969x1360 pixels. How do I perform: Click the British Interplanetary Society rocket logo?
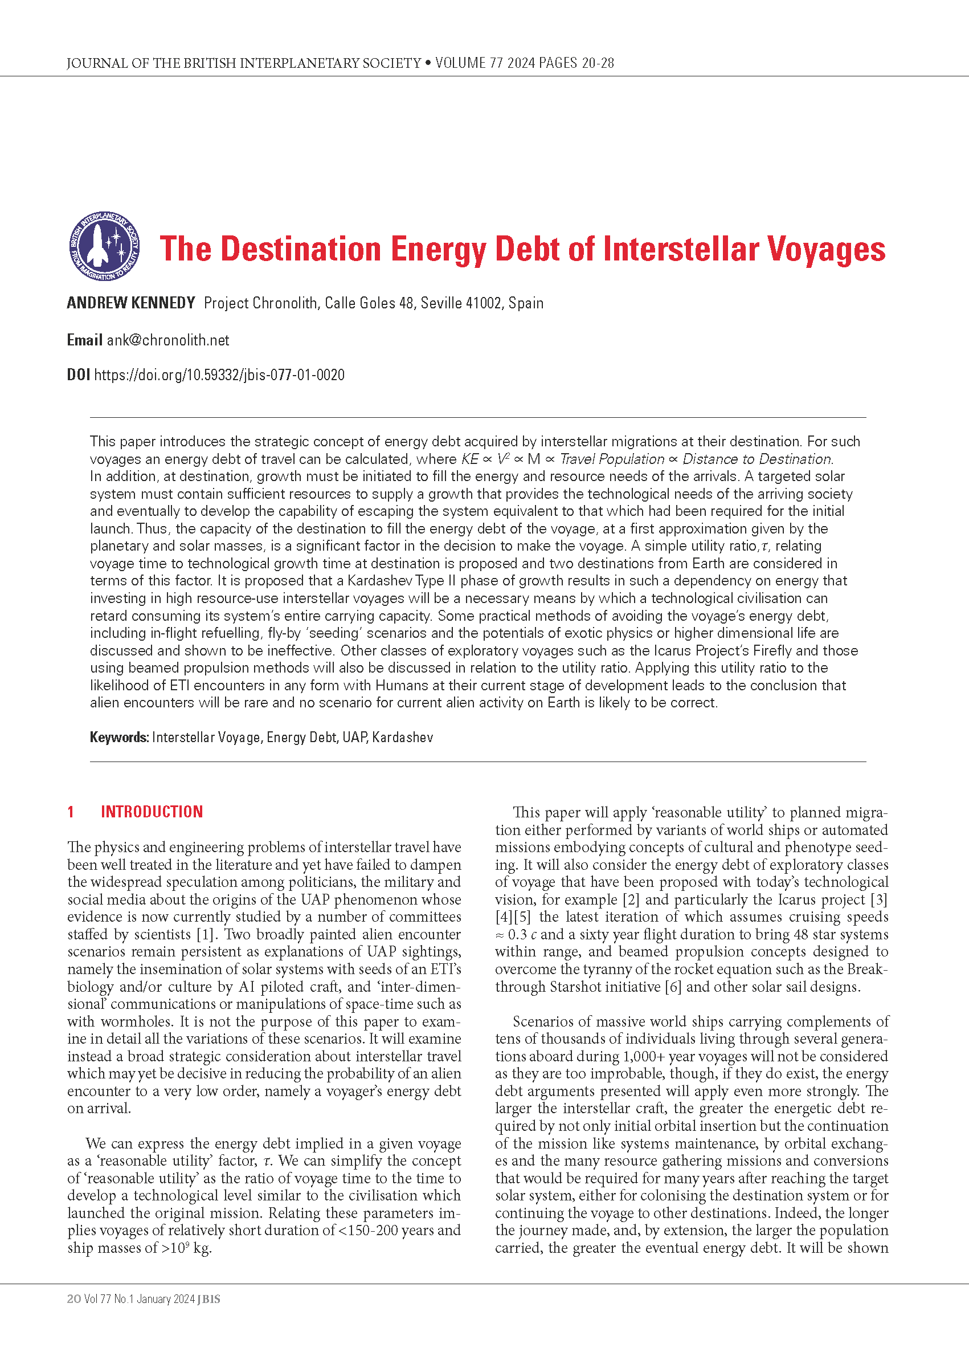(x=104, y=247)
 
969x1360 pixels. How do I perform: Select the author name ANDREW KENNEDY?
(x=130, y=303)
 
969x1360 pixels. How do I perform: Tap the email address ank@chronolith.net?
(x=167, y=340)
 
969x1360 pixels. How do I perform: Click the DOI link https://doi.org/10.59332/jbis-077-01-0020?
(x=219, y=375)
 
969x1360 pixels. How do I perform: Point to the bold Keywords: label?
(x=118, y=738)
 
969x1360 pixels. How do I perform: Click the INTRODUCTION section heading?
(x=152, y=812)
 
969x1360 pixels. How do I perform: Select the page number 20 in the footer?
(x=73, y=1299)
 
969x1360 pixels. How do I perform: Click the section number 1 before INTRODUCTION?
(x=71, y=812)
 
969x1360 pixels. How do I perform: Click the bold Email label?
(x=84, y=340)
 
